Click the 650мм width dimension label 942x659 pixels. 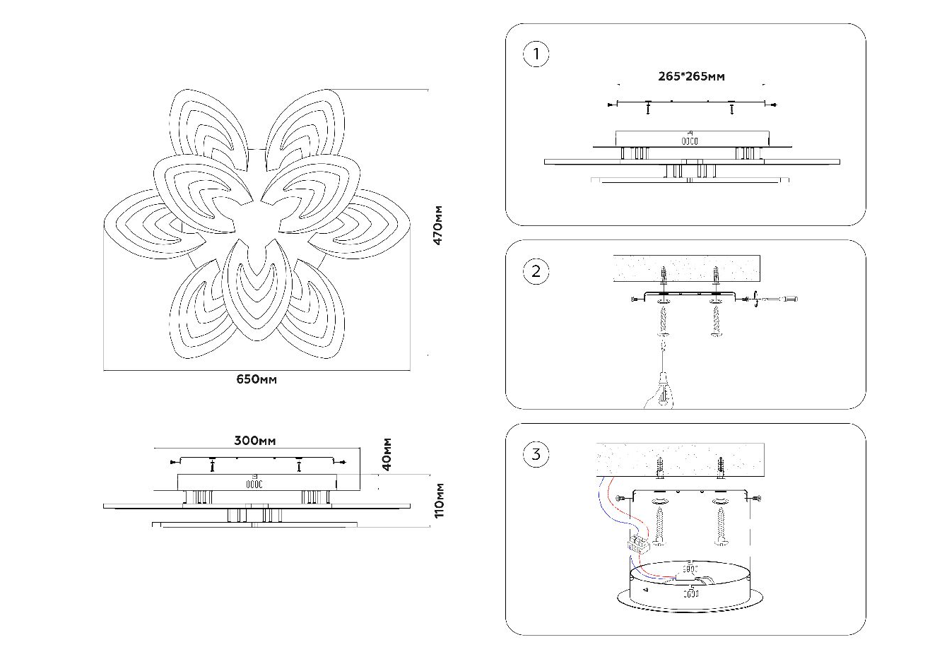click(256, 380)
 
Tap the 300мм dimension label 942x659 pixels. click(255, 441)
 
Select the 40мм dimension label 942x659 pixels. click(387, 454)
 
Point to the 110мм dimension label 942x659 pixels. click(439, 500)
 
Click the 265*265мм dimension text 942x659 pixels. click(691, 76)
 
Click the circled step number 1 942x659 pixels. click(536, 54)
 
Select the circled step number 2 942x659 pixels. click(536, 272)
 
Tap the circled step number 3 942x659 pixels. click(536, 454)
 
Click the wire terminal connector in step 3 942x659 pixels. click(638, 545)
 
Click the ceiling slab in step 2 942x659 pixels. click(685, 268)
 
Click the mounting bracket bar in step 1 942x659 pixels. click(691, 104)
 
